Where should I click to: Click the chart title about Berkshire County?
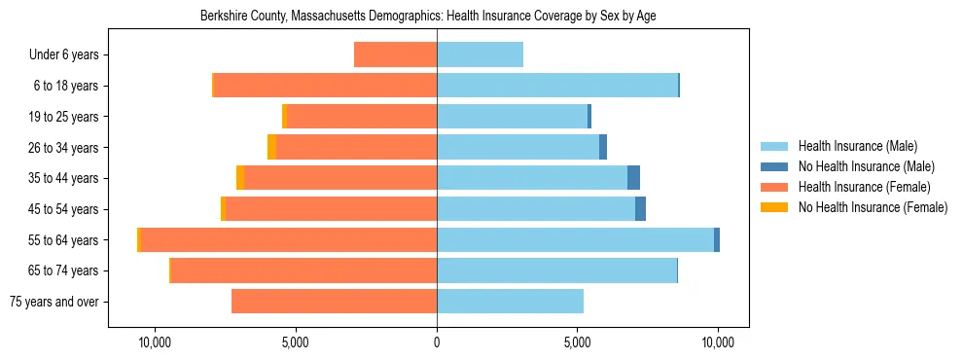[x=428, y=17]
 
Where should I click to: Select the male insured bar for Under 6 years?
[x=480, y=54]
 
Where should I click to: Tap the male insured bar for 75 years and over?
[x=510, y=302]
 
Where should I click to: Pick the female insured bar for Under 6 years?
[x=395, y=54]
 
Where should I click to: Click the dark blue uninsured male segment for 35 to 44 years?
[x=633, y=178]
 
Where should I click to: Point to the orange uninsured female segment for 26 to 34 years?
[x=272, y=147]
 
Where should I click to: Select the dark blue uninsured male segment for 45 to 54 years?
[x=640, y=208]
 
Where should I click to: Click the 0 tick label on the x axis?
[x=437, y=342]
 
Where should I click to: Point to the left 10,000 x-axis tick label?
[x=156, y=342]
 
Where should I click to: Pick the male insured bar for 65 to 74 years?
[x=556, y=270]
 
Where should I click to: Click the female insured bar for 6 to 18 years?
[x=325, y=86]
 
